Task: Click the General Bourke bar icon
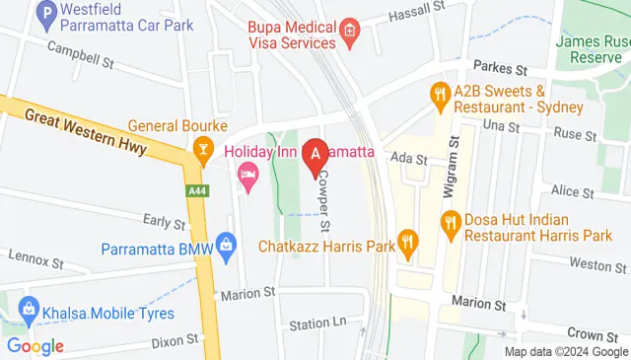203,149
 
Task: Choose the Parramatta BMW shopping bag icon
227,243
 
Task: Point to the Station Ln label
317,324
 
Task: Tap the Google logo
35,346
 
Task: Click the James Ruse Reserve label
593,50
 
